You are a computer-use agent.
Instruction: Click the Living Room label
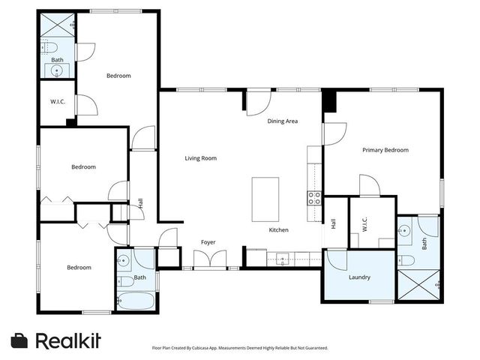[x=201, y=158]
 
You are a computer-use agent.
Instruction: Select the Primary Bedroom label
[x=385, y=150]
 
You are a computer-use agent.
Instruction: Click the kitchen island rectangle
[x=265, y=199]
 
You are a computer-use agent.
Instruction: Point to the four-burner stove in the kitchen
[x=315, y=198]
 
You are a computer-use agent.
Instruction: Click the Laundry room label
[x=359, y=277]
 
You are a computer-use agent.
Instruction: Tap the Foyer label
[x=208, y=242]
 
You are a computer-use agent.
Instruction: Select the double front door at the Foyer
[x=208, y=259]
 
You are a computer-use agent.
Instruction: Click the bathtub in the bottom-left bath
[x=138, y=301]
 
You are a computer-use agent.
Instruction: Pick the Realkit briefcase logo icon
[x=20, y=340]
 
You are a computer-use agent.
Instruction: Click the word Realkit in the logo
[x=68, y=340]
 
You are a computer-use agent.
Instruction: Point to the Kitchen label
[x=279, y=230]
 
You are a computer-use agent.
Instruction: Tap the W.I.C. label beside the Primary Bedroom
[x=364, y=223]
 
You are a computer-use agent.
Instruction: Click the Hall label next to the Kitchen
[x=333, y=223]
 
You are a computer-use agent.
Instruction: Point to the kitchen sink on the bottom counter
[x=283, y=259]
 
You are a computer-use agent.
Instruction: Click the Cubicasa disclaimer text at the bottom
[x=239, y=348]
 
